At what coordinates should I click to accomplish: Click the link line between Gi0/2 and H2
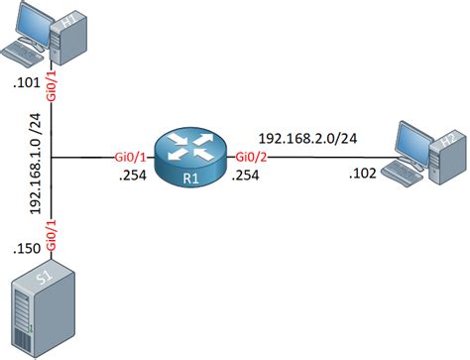click(317, 157)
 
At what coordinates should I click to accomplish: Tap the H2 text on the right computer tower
click(447, 141)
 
